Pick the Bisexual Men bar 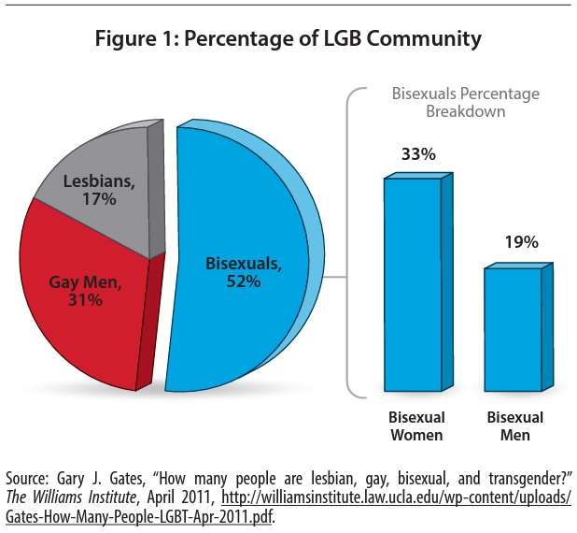point(513,327)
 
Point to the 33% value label point(419,154)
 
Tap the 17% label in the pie point(98,199)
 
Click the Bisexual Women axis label point(416,425)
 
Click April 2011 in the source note point(182,494)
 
